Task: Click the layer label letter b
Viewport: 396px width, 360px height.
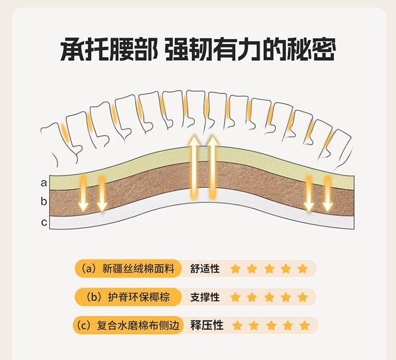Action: [44, 201]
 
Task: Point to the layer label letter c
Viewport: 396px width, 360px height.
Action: [44, 223]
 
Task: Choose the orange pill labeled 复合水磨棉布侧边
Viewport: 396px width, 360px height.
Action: [128, 325]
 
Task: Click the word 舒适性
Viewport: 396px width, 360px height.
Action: [204, 269]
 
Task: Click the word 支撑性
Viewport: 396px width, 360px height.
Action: [204, 297]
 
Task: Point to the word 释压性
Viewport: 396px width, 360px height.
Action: [206, 325]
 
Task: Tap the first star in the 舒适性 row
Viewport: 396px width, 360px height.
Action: [235, 269]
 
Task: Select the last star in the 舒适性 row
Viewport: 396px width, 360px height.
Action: [303, 269]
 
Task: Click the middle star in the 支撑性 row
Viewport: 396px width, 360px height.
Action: [269, 297]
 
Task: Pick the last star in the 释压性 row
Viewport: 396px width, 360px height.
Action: [304, 325]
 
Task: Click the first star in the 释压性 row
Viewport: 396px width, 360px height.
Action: [238, 325]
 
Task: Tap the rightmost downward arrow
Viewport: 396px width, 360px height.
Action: [328, 193]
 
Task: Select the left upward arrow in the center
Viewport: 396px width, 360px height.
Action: [194, 167]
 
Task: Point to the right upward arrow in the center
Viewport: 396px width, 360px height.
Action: [213, 167]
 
